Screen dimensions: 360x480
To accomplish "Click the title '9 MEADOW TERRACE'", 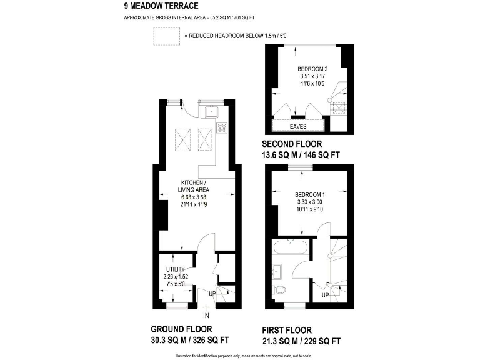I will [162, 6].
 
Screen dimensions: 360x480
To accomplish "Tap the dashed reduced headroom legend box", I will [166, 37].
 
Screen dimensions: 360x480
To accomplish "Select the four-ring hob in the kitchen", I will [222, 127].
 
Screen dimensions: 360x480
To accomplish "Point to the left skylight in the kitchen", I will [183, 139].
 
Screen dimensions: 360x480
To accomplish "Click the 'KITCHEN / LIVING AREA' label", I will [193, 186].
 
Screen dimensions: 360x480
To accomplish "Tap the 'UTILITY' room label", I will [176, 270].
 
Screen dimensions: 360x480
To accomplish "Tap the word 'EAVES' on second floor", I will [298, 126].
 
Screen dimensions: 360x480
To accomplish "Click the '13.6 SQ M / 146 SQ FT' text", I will [301, 154].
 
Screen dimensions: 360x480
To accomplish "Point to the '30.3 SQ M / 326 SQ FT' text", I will [190, 341].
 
